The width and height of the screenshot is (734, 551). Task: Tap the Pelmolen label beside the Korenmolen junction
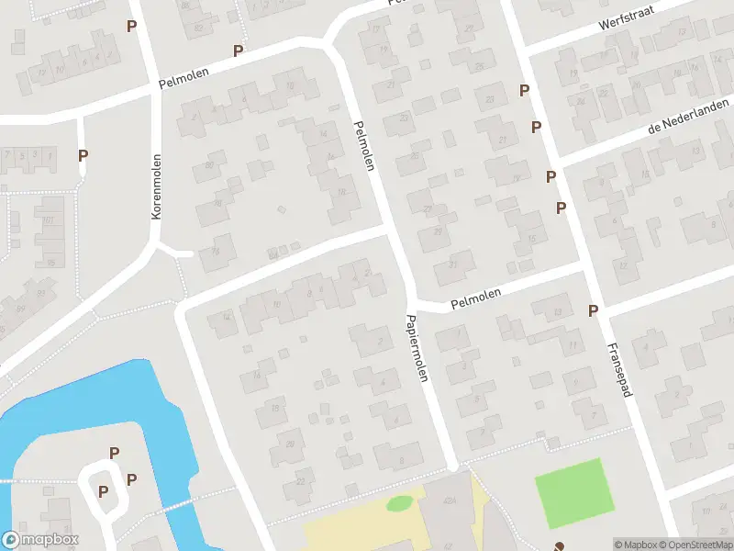[x=183, y=78]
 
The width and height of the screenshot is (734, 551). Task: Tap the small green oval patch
[x=400, y=503]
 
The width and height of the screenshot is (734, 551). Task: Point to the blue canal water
[x=37, y=432]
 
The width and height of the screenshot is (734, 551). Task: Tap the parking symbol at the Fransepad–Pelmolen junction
[x=594, y=310]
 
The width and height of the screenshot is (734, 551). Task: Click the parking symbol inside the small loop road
[x=103, y=491]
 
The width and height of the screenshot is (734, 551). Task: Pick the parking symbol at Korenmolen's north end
[x=132, y=26]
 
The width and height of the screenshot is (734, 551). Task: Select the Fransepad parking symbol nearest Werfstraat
[x=524, y=90]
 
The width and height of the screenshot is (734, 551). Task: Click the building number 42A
[x=450, y=501]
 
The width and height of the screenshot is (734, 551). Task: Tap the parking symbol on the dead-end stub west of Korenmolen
[x=83, y=156]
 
